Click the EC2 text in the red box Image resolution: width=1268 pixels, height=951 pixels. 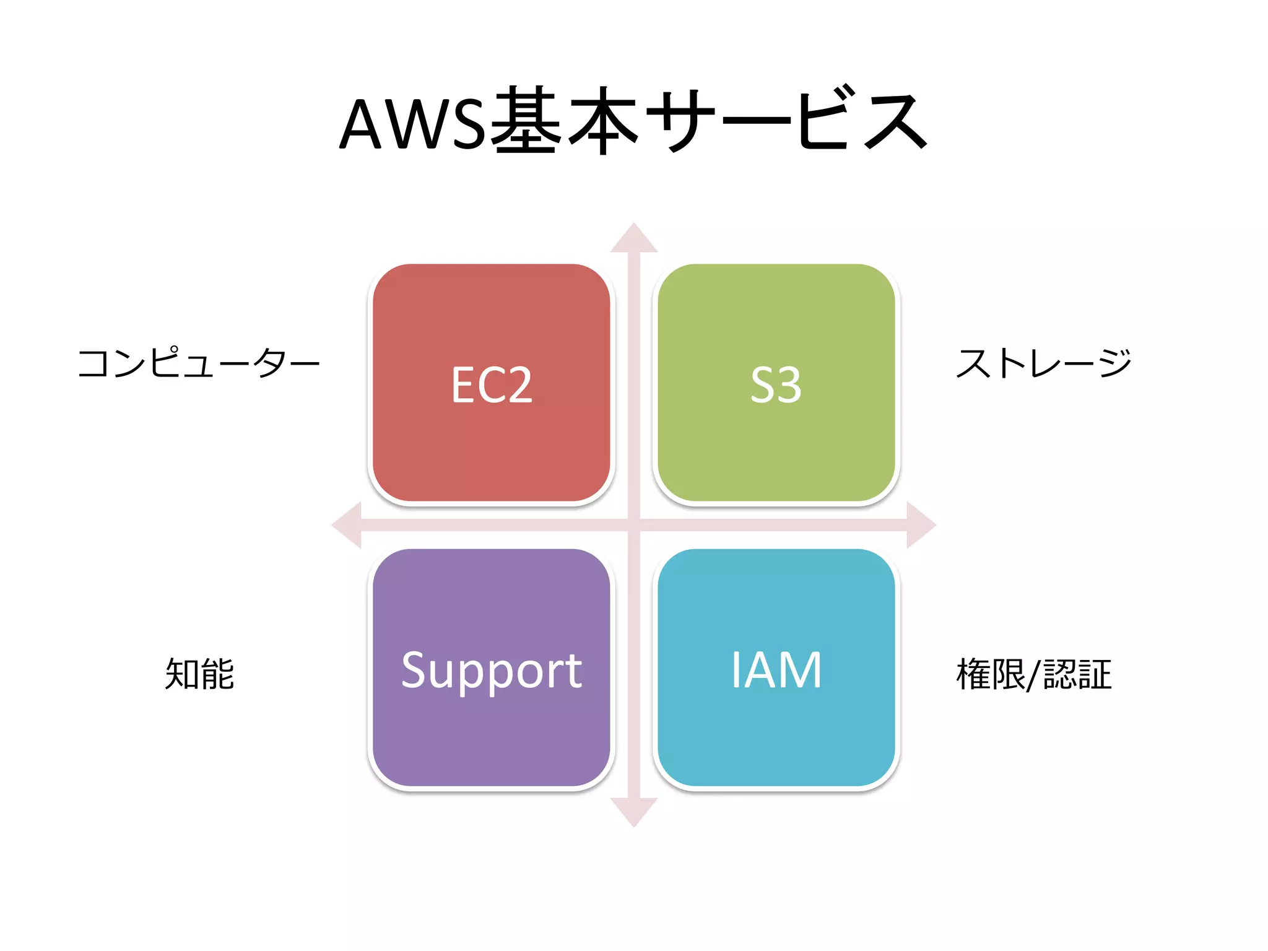coord(492,385)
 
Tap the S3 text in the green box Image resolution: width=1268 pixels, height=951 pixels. coord(776,385)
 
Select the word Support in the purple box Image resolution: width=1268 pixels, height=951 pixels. coord(492,671)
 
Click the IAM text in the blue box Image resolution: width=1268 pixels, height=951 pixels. coord(776,670)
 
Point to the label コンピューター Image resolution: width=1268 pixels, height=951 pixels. coord(198,363)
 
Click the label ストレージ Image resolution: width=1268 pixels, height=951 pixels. coord(1044,363)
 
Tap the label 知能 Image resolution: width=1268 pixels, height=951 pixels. coord(199,674)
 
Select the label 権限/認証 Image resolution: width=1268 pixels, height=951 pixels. coord(1034,675)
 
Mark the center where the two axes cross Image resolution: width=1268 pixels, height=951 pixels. coord(633,525)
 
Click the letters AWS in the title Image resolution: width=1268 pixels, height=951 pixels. coord(412,124)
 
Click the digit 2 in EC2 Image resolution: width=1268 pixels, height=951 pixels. coord(517,385)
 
